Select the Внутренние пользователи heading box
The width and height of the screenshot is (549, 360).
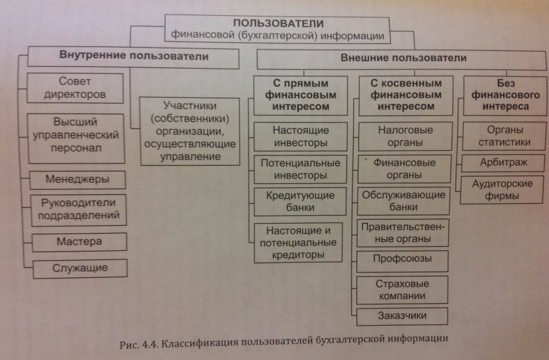click(134, 58)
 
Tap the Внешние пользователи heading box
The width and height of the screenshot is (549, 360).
click(403, 59)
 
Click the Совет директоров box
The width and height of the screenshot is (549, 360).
click(76, 87)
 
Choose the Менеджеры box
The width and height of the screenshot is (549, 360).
click(77, 179)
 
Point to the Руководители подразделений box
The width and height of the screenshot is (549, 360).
click(78, 208)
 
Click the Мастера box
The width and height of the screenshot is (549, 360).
click(78, 241)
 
